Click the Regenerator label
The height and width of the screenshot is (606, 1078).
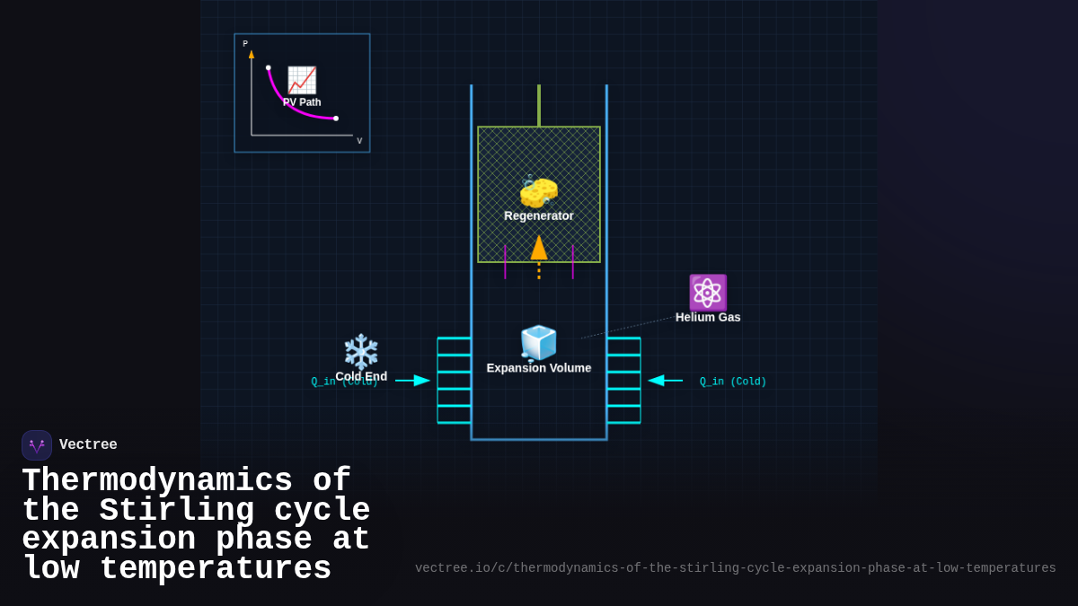click(x=539, y=215)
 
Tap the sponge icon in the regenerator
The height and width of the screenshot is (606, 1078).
click(x=539, y=191)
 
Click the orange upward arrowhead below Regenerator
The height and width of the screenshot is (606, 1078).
click(x=539, y=248)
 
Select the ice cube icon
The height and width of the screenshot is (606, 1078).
click(x=539, y=343)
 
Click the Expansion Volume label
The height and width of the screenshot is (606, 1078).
click(x=539, y=368)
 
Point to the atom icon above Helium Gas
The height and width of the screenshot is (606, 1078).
click(x=708, y=293)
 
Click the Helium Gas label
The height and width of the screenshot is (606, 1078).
click(x=708, y=317)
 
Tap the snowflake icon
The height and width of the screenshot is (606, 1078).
click(x=361, y=351)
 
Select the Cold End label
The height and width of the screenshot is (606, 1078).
click(x=361, y=376)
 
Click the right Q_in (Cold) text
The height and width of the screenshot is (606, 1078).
click(x=733, y=382)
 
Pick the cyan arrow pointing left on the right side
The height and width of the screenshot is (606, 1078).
click(x=665, y=381)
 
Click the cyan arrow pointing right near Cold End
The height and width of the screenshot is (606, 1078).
click(x=413, y=381)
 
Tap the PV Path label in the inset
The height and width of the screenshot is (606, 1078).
click(x=302, y=102)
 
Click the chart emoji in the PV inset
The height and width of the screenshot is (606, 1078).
click(x=302, y=80)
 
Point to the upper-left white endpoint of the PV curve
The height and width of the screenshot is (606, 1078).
click(x=268, y=67)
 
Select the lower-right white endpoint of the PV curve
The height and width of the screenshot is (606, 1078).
click(x=336, y=119)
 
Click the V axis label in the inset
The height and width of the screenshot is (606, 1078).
click(x=359, y=141)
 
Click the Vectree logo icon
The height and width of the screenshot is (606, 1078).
click(x=37, y=445)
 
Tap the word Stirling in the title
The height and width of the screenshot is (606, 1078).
click(x=176, y=511)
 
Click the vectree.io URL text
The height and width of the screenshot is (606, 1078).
click(x=735, y=568)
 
